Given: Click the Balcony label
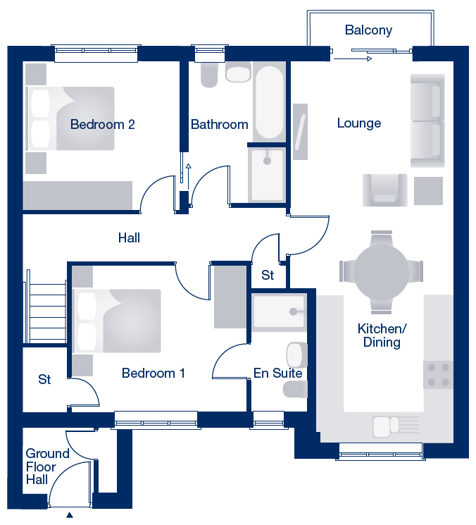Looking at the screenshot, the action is coord(368,30).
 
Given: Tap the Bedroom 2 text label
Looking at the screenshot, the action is coord(102,125).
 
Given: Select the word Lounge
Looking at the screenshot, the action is coord(359,123).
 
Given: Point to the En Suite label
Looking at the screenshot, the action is coord(277,373).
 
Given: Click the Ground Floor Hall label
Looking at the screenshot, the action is coord(47,467).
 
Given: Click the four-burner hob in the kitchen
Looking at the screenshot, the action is coord(438,375).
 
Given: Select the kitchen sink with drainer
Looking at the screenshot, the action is coord(396,426).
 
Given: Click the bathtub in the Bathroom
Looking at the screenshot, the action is coord(270,102).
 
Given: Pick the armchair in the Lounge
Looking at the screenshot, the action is coord(385,190).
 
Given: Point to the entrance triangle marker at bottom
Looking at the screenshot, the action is coord(70,515).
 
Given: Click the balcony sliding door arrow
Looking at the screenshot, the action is coord(353,59).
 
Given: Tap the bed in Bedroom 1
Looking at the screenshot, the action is coord(117,321).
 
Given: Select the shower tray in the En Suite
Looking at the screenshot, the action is coord(279,311).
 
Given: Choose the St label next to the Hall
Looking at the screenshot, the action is coord(268,276).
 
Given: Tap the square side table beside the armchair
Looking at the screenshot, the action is coord(429,191).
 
